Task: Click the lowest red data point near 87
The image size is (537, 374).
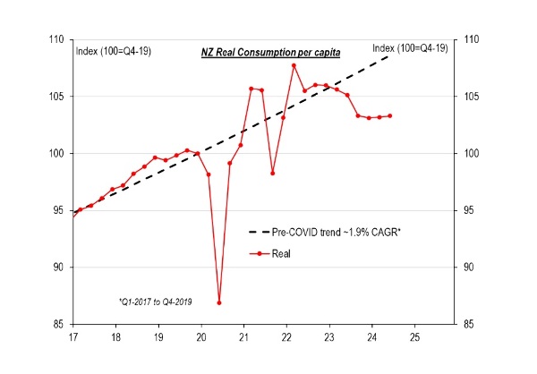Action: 219,302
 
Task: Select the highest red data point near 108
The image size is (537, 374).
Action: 294,65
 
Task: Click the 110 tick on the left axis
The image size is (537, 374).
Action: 56,40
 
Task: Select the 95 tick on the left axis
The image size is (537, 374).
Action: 58,210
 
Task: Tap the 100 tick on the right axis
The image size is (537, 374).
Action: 471,154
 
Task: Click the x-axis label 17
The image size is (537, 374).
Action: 73,338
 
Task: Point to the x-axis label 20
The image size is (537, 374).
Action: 200,338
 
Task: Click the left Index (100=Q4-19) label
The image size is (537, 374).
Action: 113,51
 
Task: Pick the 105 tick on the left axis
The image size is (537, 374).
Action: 56,97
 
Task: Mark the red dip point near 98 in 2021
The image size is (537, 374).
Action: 272,173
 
